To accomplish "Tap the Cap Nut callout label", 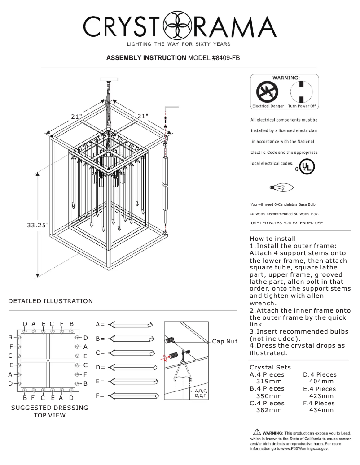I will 224,341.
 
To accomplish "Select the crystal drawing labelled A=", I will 132,324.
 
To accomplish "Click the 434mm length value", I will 321,410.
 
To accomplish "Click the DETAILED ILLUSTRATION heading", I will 51,301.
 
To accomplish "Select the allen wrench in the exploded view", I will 171,108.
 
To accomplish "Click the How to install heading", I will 272,239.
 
